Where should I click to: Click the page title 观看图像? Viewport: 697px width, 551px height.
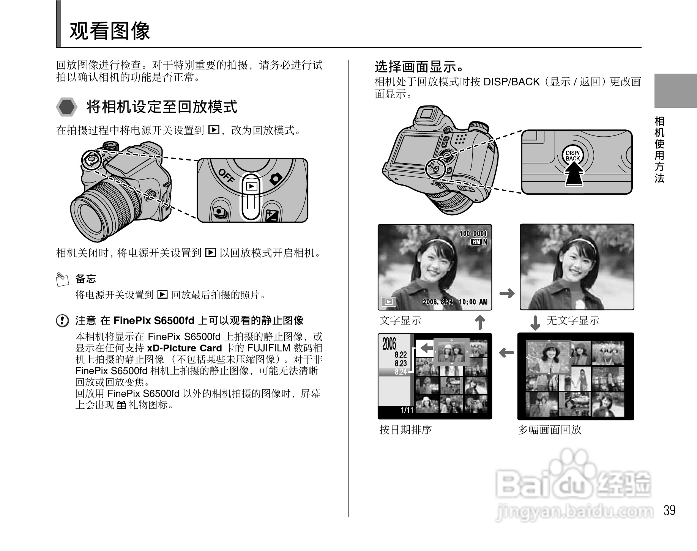(110, 31)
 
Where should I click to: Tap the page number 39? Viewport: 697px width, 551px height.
(669, 510)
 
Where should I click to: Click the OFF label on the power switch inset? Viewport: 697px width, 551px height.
(226, 176)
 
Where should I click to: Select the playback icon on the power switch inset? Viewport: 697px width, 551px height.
(251, 186)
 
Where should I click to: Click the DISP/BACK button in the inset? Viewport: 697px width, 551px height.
(572, 156)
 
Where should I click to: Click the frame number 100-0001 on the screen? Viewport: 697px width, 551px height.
(473, 234)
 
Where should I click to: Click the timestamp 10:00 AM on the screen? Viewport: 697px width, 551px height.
(473, 302)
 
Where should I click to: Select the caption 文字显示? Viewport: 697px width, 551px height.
(400, 321)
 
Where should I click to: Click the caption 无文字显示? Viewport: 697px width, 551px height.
(572, 321)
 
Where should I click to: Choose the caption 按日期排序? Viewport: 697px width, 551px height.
(405, 430)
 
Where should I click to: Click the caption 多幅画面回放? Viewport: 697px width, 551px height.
(550, 430)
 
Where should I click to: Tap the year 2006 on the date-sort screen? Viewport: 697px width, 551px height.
(389, 344)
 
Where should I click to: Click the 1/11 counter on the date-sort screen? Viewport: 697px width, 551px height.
(407, 410)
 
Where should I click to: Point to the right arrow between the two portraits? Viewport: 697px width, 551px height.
(506, 293)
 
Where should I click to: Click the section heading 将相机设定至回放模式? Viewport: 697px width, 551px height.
(161, 107)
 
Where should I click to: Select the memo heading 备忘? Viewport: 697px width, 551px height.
(86, 279)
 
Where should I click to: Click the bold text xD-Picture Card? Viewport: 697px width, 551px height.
(184, 348)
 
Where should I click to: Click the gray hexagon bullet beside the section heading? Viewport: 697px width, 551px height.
(67, 107)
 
